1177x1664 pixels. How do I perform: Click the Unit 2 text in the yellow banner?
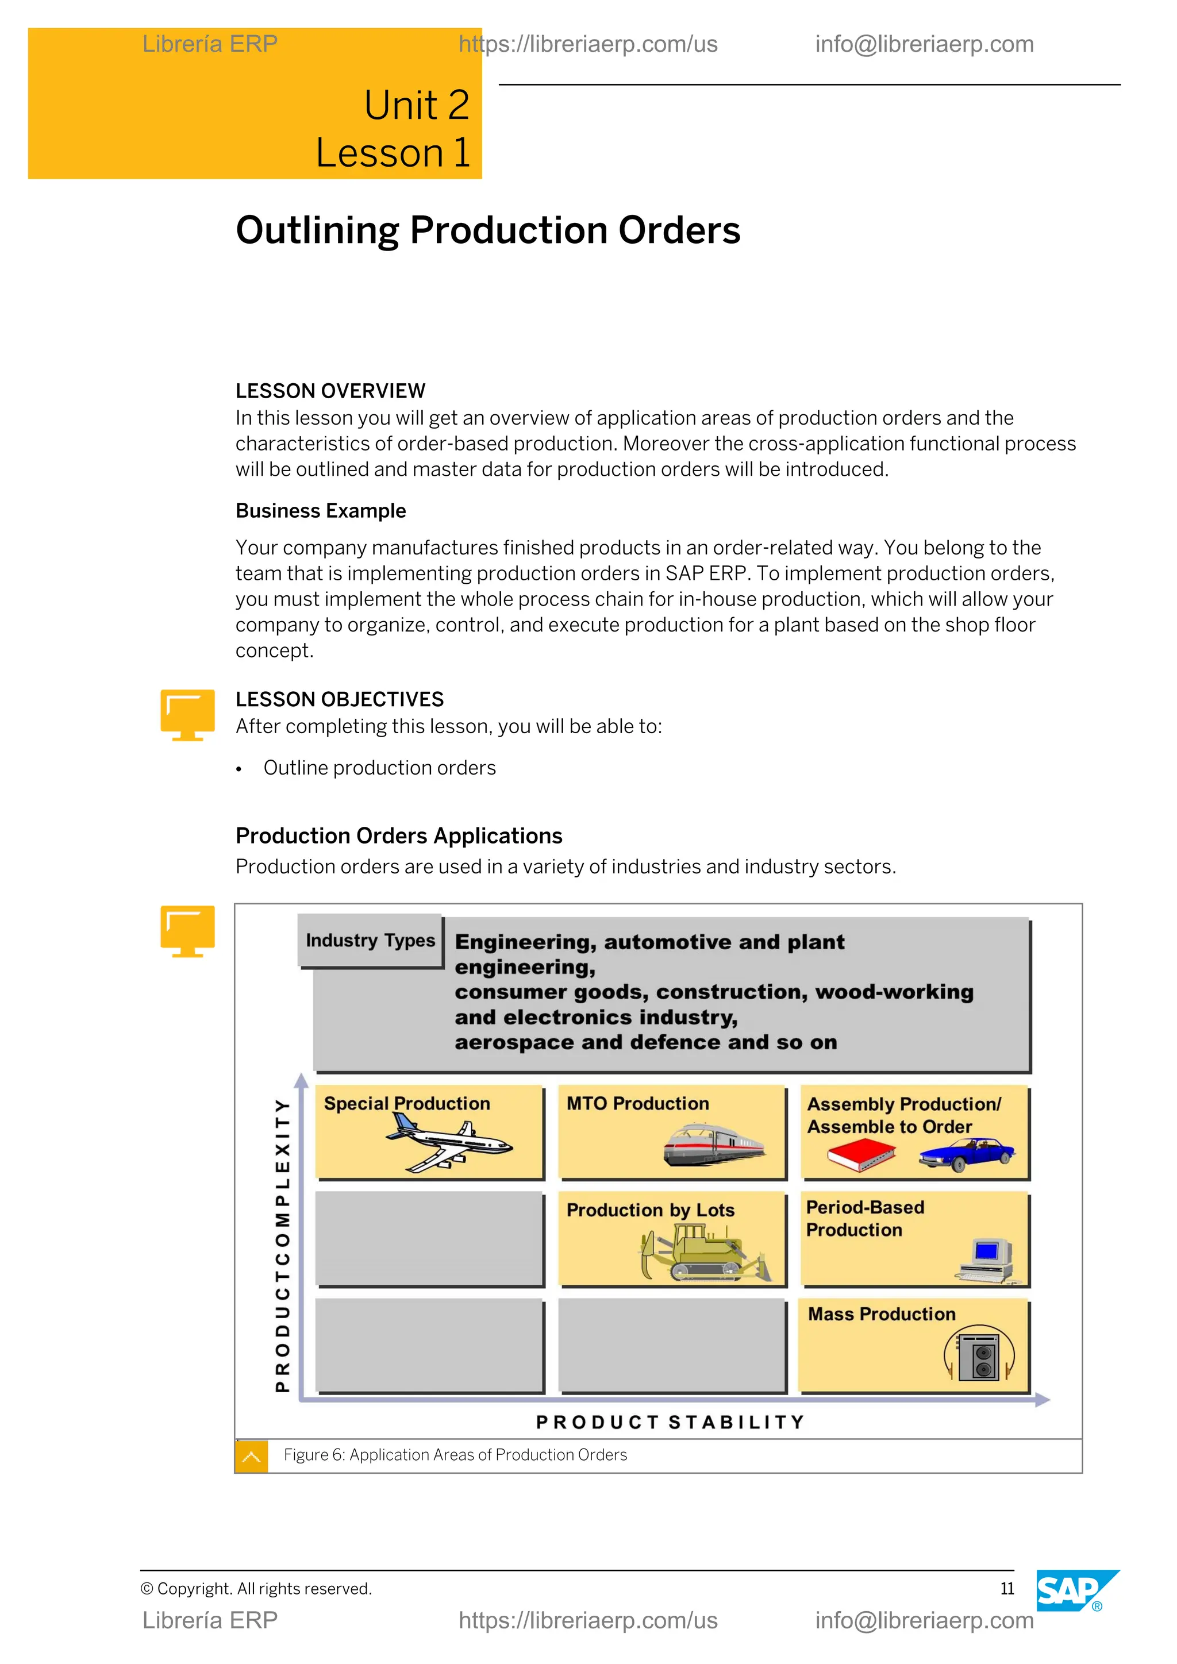click(417, 105)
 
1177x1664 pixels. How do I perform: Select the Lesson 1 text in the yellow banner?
click(394, 153)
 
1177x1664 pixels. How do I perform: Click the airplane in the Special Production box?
click(449, 1142)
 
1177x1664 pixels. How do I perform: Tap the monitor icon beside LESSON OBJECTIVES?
click(188, 714)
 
